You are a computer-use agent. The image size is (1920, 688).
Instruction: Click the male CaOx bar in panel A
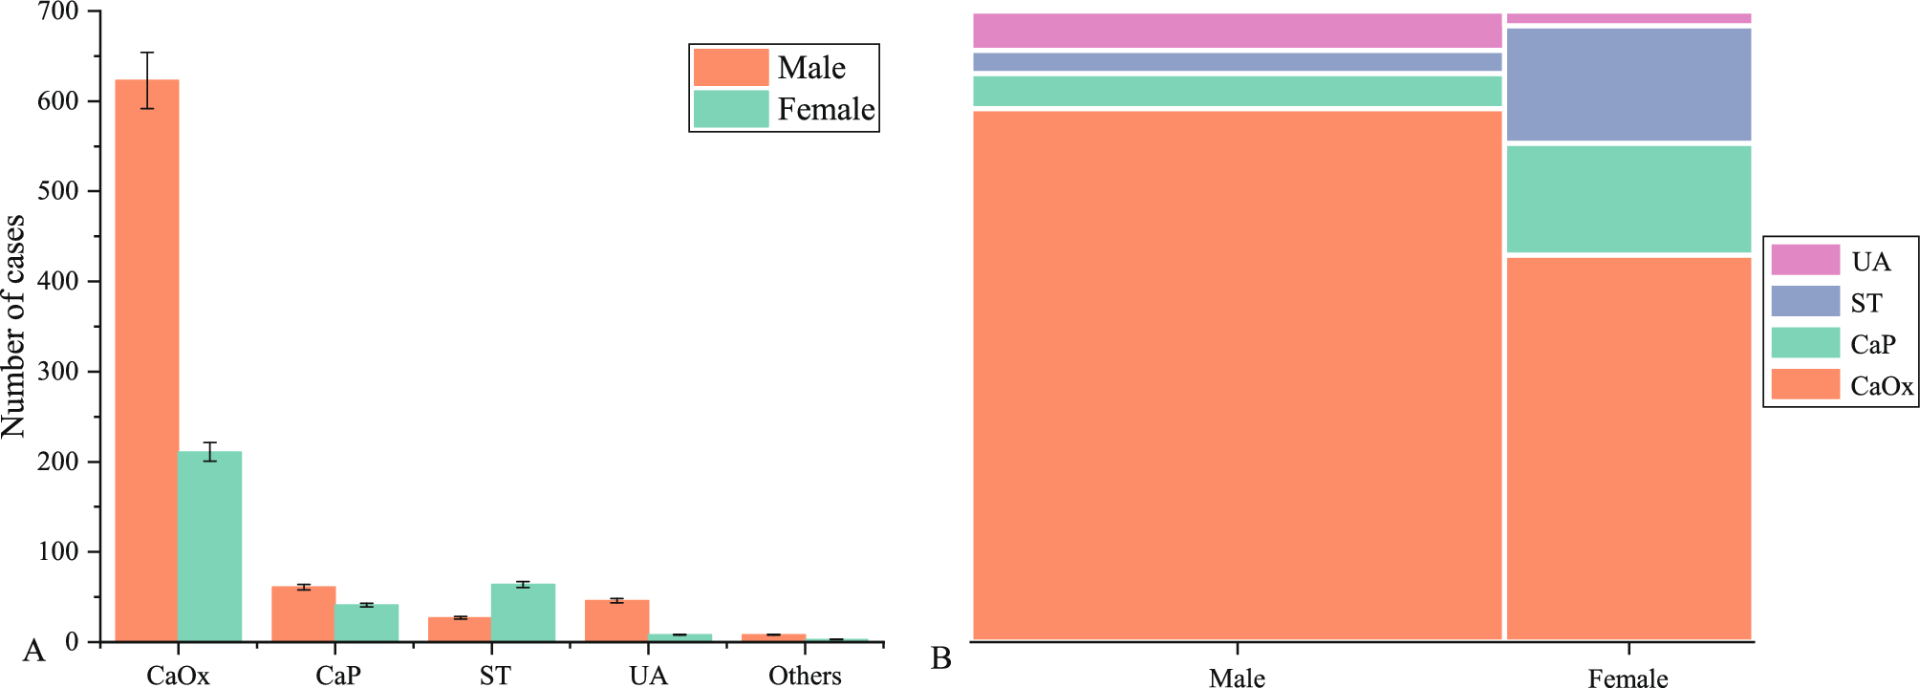pos(147,363)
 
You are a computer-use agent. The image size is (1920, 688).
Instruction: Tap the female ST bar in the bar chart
pos(523,613)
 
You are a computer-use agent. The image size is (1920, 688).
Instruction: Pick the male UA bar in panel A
pos(616,621)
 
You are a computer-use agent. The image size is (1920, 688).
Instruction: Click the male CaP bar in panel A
pos(303,614)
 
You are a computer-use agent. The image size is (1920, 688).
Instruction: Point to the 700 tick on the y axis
pos(58,12)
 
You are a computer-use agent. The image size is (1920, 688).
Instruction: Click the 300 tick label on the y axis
pos(58,372)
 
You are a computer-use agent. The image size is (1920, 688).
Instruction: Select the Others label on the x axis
pos(805,676)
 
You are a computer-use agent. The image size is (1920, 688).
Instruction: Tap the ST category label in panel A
pos(495,676)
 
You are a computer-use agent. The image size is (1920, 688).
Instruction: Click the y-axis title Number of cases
pos(13,327)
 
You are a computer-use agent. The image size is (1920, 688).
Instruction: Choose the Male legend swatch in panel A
pos(731,68)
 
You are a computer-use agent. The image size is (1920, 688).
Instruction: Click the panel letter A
pos(33,652)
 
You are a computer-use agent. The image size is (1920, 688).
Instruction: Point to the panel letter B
pos(940,658)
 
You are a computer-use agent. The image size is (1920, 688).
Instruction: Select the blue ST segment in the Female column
pos(1629,85)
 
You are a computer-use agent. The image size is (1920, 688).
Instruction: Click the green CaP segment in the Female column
pos(1629,199)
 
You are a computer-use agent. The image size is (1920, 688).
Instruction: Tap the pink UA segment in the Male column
pos(1237,31)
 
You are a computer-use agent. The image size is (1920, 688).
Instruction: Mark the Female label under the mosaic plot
pos(1628,678)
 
